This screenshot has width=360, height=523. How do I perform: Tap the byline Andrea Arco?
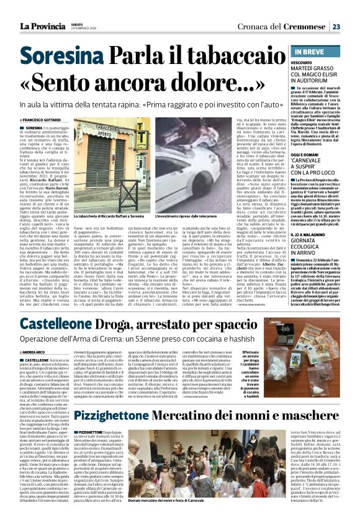click(42, 352)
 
